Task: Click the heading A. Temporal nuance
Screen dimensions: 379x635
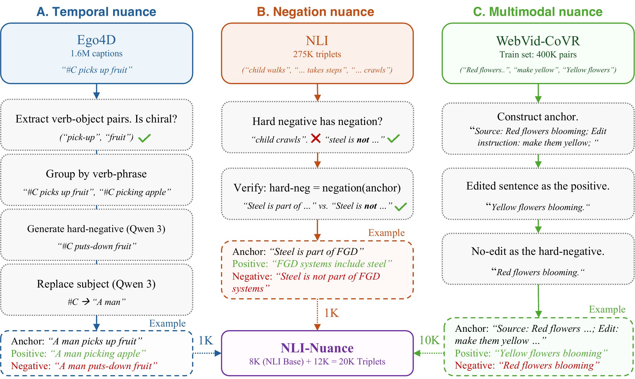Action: tap(96, 12)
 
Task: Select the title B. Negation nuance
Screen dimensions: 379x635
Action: tap(315, 12)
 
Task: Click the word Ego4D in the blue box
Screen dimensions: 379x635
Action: tap(96, 40)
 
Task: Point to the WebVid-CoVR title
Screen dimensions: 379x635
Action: tap(538, 41)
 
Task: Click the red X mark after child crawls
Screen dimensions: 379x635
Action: tap(316, 138)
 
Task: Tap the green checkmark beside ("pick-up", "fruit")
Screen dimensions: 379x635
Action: tap(144, 138)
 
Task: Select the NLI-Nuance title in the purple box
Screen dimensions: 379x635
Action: tap(317, 348)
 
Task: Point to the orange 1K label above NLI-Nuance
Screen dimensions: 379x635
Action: tap(331, 313)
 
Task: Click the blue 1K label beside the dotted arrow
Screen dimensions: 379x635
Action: tap(206, 341)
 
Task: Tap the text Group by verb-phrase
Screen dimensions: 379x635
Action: tap(96, 174)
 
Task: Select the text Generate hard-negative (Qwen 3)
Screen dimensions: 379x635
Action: tap(96, 229)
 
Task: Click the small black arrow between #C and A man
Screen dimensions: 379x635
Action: tap(86, 302)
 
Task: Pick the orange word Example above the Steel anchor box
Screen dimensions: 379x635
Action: tap(386, 233)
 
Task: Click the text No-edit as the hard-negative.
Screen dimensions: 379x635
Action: tap(538, 251)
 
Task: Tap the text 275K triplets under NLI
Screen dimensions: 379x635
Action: tap(317, 54)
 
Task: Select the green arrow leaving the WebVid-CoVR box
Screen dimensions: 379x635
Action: tap(538, 93)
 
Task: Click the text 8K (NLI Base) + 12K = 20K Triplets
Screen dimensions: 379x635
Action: tap(317, 362)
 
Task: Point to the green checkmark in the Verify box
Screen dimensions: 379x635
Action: tap(401, 207)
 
